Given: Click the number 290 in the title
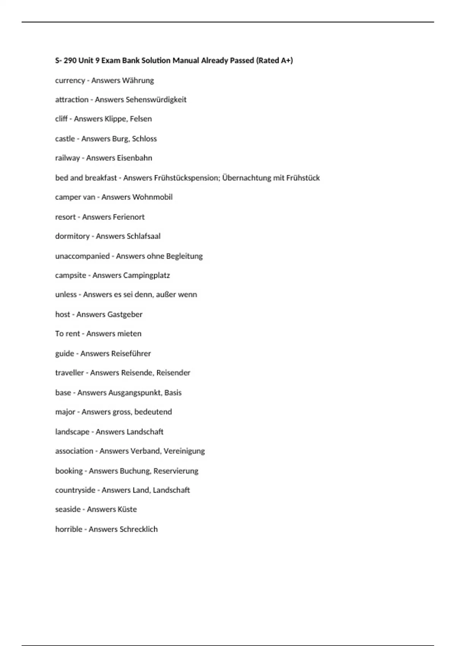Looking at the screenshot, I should coord(70,60).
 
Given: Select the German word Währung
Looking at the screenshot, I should coord(138,81).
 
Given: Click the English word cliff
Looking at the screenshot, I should coord(61,119).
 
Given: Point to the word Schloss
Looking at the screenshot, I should coord(144,139).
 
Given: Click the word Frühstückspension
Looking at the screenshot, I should coord(187,178).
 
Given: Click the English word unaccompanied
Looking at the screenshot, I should coord(82,256).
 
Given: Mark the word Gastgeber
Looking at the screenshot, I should coord(125,315).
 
